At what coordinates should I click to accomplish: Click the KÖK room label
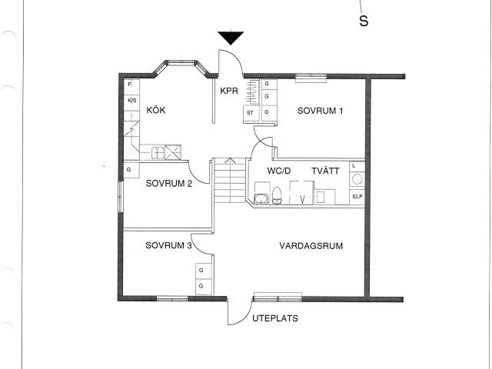(156, 110)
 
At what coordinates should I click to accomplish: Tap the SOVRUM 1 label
(320, 111)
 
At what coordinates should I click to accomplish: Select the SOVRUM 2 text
(169, 183)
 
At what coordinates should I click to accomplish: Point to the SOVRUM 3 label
(168, 245)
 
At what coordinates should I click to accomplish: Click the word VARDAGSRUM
(311, 246)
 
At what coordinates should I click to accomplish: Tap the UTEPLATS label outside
(275, 318)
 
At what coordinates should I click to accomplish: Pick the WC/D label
(279, 171)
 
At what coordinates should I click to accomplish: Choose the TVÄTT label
(325, 171)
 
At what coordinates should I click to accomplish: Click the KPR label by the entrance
(229, 91)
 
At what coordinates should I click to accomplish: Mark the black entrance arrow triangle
(231, 38)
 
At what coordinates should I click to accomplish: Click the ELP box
(357, 197)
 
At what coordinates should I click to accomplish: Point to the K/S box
(131, 101)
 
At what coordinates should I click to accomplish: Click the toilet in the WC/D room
(277, 195)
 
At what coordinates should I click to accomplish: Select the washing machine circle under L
(357, 179)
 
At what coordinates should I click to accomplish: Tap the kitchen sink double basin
(158, 153)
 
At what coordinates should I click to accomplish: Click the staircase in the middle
(230, 181)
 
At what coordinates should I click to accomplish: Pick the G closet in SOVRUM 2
(131, 170)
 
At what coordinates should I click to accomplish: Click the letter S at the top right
(364, 21)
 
